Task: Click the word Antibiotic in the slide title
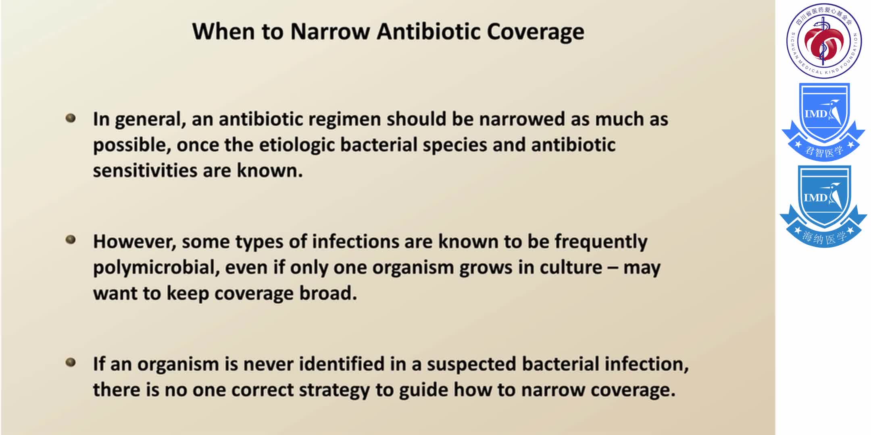point(429,32)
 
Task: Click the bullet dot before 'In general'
point(71,118)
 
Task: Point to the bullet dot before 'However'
point(71,240)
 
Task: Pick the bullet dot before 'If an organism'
point(71,362)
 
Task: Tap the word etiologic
point(297,145)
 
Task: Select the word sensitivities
point(145,171)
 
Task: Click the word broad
point(328,293)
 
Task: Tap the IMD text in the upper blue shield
point(816,114)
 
